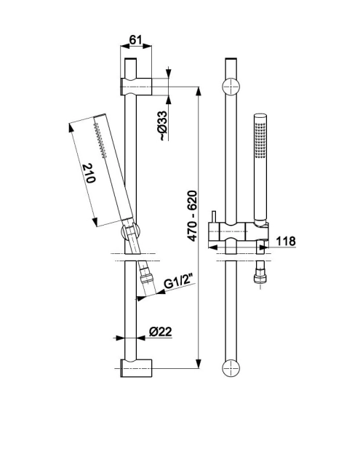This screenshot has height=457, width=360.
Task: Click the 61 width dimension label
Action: click(135, 39)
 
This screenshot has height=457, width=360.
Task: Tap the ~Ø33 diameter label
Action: click(164, 126)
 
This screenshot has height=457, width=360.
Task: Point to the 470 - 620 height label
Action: click(192, 216)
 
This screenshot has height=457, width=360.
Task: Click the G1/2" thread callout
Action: click(179, 282)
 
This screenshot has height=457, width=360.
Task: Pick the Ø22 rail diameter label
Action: click(161, 332)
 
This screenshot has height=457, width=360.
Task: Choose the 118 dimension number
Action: click(285, 241)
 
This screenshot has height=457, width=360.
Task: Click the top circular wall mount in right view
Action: click(231, 87)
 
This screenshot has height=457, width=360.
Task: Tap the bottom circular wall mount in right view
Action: click(231, 367)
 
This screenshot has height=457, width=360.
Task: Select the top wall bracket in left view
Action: click(136, 87)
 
